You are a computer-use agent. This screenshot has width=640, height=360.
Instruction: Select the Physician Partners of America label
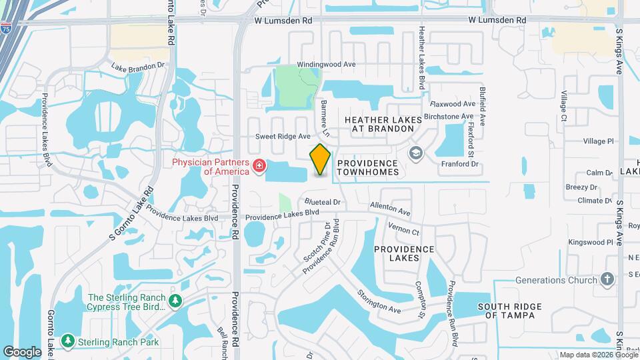coord(210,166)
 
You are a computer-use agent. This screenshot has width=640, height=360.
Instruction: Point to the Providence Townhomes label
coord(368,167)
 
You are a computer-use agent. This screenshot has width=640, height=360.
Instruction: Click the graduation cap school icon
coord(417,155)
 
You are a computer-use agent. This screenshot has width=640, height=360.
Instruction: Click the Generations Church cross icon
coord(607,279)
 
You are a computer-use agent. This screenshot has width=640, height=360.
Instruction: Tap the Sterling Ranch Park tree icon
coord(67,341)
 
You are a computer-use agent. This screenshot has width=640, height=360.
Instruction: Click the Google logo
coord(22,351)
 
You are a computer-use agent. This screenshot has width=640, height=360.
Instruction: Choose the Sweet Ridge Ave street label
coord(283,136)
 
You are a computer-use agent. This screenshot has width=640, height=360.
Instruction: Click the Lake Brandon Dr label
coord(137,67)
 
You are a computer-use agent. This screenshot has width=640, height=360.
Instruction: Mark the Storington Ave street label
coord(379,301)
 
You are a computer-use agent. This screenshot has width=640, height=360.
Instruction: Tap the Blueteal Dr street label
coord(323,201)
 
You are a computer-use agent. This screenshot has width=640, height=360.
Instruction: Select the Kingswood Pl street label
coord(590,242)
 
